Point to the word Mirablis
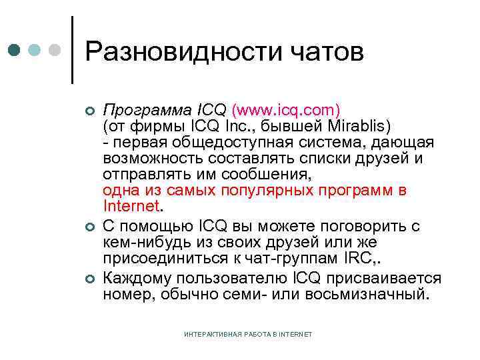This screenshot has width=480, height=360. pyautogui.click(x=342, y=125)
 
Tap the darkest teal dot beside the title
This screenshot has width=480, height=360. pyautogui.click(x=15, y=50)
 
